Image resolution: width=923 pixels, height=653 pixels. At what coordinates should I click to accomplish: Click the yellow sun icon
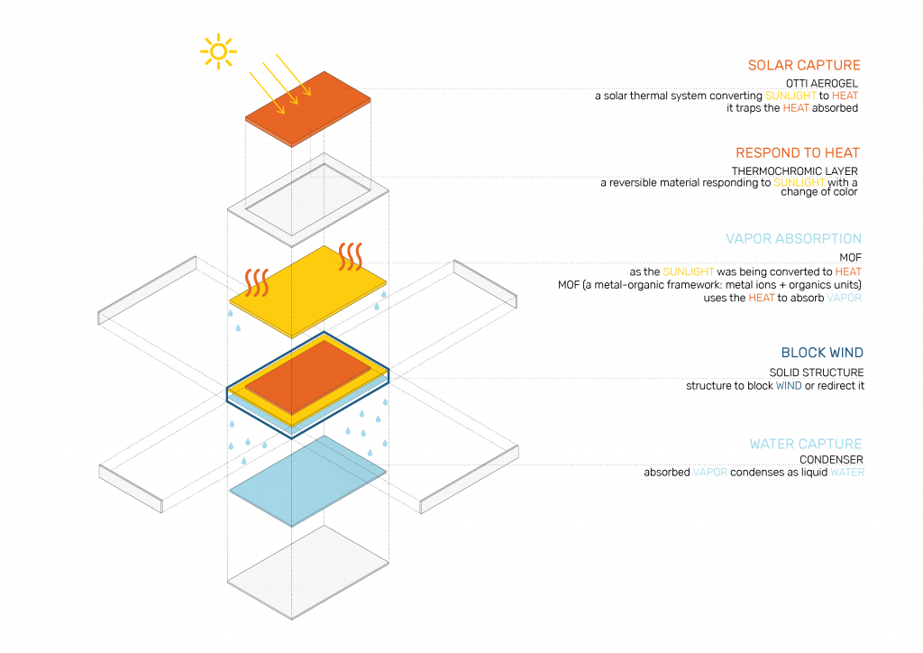pos(218,51)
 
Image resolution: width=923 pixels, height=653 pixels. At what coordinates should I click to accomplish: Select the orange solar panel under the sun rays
pos(308,109)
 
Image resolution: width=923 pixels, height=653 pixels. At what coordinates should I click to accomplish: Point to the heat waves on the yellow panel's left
pos(257,281)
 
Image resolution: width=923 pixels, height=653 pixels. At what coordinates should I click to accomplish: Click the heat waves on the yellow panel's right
pos(351,255)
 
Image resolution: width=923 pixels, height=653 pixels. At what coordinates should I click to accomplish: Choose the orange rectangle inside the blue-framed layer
pos(307,376)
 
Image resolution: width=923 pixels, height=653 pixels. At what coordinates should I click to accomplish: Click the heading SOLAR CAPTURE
pos(804,65)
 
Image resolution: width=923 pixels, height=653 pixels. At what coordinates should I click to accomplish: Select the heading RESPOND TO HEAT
pos(798,152)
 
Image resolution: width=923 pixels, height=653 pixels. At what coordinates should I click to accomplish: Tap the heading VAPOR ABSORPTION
pos(793,239)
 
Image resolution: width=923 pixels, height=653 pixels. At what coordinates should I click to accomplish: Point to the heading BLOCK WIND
pos(822,353)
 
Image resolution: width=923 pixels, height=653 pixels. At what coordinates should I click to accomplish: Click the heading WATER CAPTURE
pos(805,444)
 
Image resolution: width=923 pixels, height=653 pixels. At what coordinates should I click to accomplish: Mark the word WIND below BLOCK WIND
pos(789,386)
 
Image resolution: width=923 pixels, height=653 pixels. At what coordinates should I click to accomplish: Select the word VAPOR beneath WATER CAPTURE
pos(709,472)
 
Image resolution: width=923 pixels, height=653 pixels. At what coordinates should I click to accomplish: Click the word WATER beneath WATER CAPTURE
pos(847,472)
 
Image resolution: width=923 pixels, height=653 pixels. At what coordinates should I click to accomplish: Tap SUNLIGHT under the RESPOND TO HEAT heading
pos(800,182)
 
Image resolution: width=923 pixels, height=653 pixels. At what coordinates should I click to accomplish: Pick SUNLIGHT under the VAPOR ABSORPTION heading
pos(689,271)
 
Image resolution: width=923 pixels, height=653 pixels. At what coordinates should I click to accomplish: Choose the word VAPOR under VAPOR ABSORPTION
pos(844,298)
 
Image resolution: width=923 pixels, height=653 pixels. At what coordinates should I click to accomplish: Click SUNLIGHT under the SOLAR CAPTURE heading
pos(790,96)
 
